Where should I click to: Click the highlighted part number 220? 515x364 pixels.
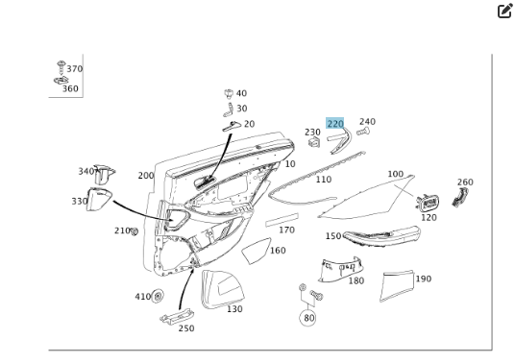coord(334,123)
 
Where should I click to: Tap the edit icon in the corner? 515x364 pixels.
coord(504,11)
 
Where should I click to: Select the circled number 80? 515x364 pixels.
coord(307,318)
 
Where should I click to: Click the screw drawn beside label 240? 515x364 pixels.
coord(363,132)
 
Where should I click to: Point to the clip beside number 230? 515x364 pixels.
coord(314,142)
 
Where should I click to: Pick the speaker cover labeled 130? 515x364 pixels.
coord(222,289)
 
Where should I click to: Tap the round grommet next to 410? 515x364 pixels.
coord(158,296)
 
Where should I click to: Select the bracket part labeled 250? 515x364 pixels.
coord(177,317)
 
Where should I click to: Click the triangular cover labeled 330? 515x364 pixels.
coord(99,199)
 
